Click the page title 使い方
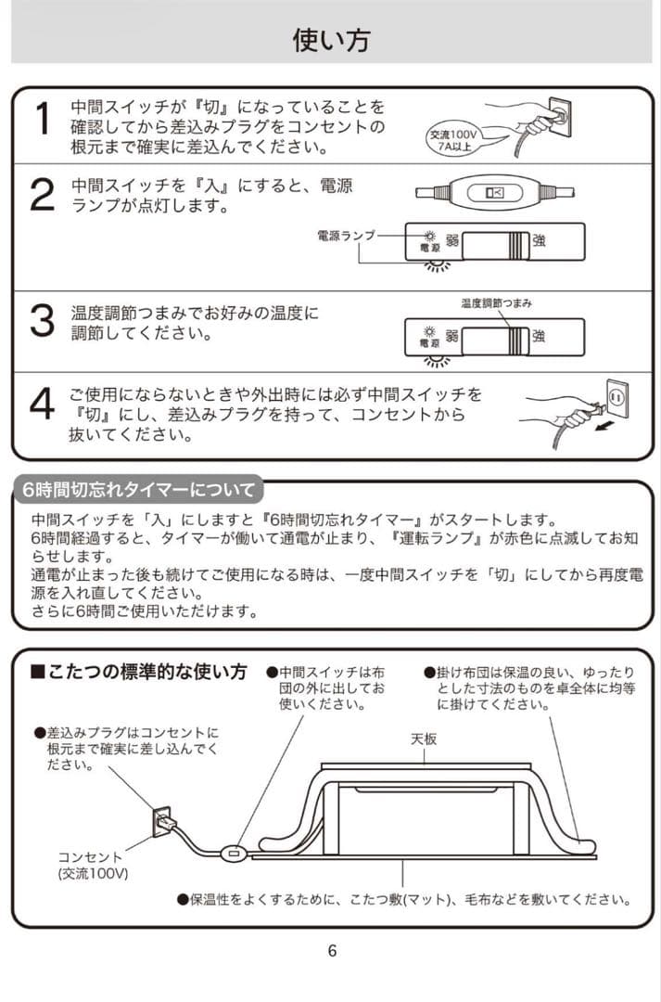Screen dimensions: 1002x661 331,40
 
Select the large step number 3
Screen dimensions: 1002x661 42,322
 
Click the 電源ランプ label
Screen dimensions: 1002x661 346,237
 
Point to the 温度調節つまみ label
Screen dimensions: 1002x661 496,304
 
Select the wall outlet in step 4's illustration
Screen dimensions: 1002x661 616,397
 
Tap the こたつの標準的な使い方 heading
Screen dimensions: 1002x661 140,670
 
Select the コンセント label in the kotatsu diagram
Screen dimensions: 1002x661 90,857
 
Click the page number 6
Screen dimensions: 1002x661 332,949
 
